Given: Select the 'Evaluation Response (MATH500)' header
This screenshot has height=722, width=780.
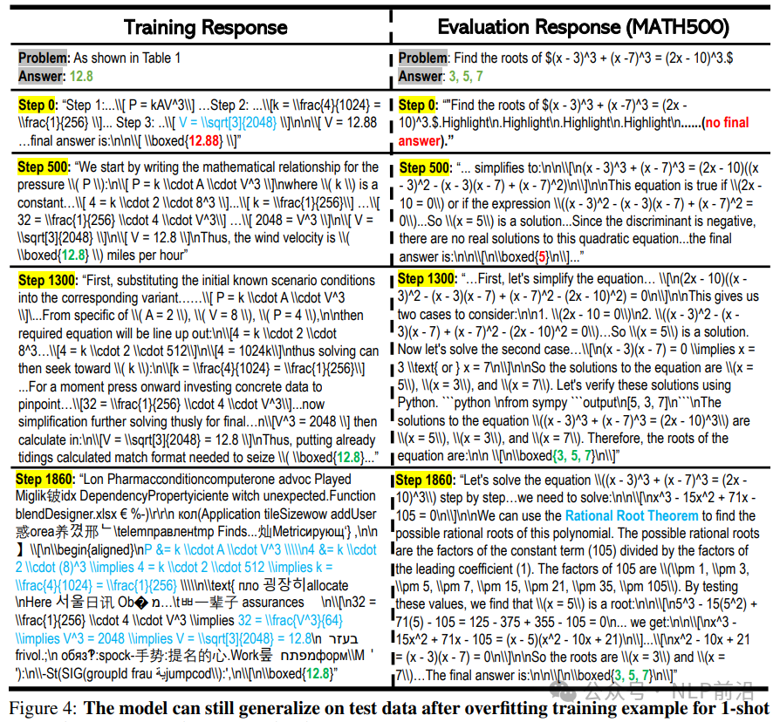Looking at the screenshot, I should click(584, 26).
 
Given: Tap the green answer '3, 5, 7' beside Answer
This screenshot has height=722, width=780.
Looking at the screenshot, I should click(470, 76).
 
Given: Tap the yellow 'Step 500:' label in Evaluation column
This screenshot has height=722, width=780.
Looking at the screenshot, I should click(425, 167).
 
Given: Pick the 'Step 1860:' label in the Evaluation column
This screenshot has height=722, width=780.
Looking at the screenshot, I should click(425, 480).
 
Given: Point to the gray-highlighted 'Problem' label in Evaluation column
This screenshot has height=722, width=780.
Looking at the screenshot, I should click(422, 58).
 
